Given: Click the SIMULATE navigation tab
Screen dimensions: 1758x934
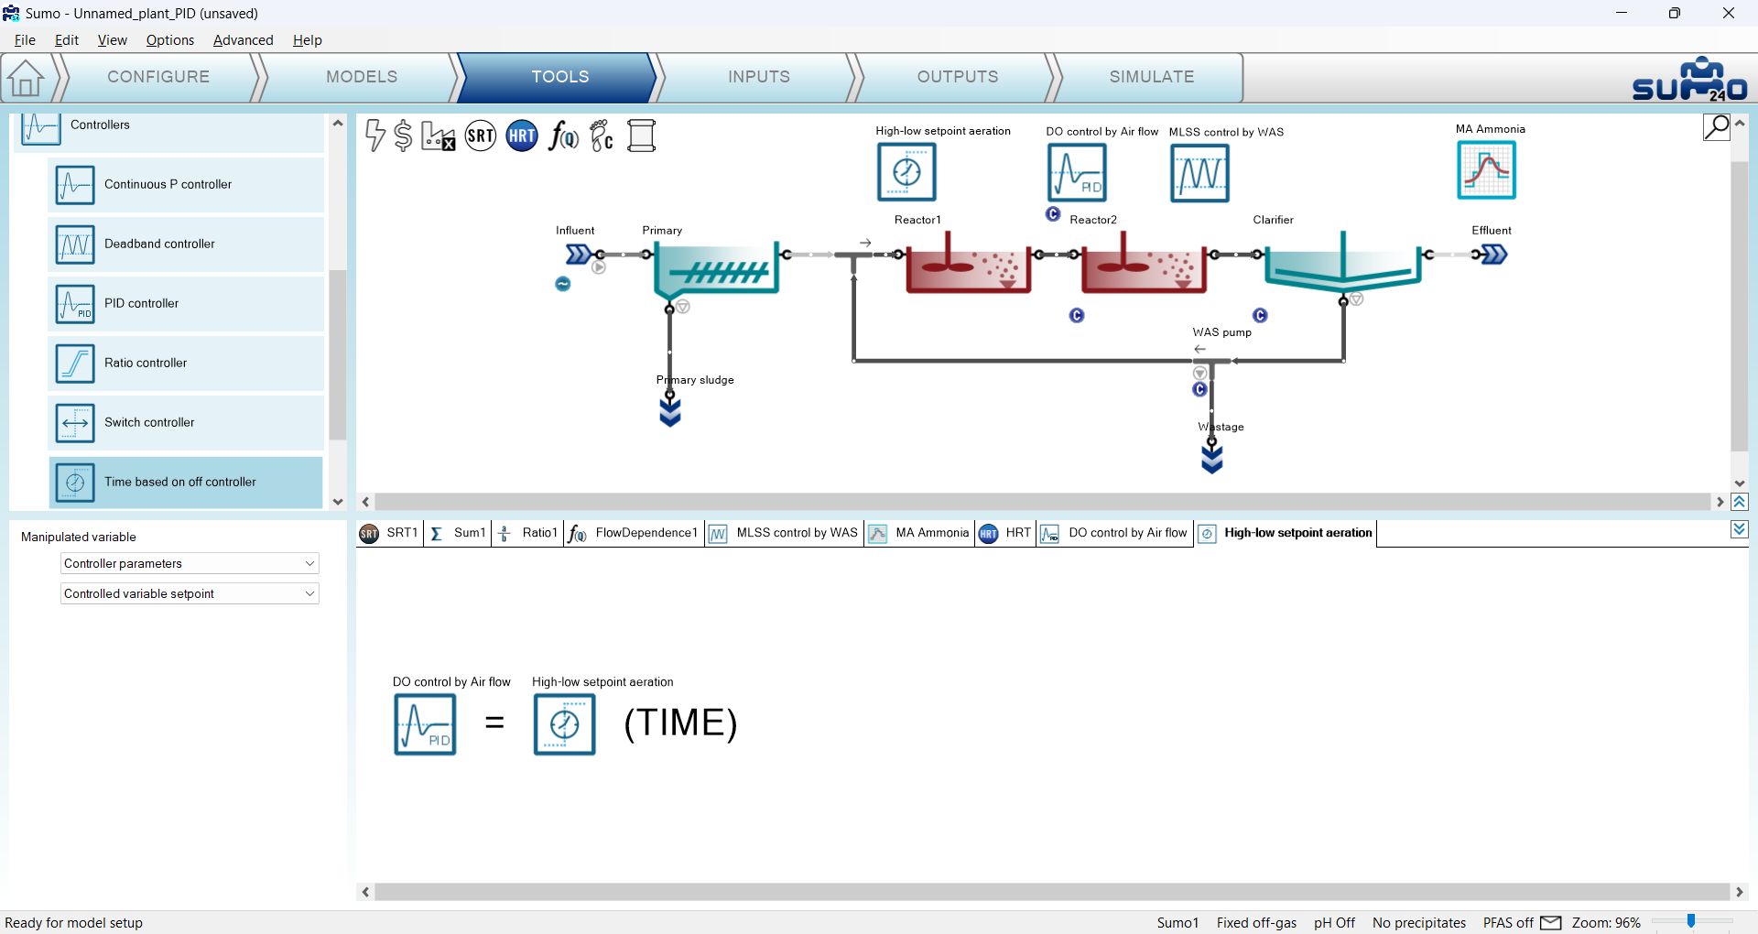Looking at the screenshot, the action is [1151, 77].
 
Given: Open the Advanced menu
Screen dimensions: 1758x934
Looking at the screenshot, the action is [243, 40].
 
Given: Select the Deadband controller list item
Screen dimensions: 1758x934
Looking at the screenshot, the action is [186, 244].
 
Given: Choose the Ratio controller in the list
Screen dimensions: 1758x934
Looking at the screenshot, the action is [186, 364].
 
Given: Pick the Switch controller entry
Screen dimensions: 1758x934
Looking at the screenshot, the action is [186, 423].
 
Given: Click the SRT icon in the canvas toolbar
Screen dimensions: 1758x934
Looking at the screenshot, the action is [480, 136].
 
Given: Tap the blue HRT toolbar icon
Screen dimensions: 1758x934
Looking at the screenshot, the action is [522, 136].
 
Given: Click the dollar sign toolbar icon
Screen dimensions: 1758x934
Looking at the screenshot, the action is [403, 136].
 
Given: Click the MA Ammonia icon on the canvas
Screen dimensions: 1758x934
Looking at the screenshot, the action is [1486, 170].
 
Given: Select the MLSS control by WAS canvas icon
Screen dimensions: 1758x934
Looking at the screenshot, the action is [1199, 173].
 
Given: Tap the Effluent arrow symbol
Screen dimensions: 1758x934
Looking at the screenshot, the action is [1493, 255].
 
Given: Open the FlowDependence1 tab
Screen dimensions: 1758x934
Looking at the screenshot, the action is [634, 533].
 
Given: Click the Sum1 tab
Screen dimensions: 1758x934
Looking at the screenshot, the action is [458, 533].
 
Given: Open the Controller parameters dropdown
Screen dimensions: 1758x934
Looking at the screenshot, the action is [190, 564].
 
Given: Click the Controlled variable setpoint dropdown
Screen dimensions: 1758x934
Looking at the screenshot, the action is [190, 594].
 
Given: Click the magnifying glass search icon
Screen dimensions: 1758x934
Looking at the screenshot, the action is [1717, 127].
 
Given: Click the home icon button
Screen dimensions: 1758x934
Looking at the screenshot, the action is [26, 78].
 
